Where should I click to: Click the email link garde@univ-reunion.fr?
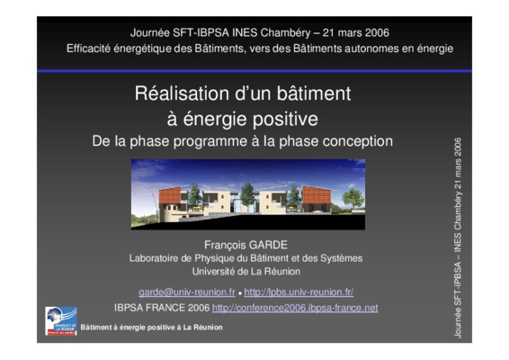[x=187, y=292]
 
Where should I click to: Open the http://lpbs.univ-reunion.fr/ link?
[x=299, y=292]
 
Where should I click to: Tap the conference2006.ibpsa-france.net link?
[x=295, y=308]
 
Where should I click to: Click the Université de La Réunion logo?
[x=61, y=320]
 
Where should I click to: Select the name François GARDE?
[x=246, y=245]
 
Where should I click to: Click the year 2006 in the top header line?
[x=377, y=32]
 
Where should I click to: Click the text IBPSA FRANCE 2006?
[x=162, y=308]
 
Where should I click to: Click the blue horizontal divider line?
[x=254, y=71]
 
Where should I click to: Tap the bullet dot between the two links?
[x=240, y=293]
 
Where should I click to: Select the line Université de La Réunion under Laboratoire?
[x=246, y=271]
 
